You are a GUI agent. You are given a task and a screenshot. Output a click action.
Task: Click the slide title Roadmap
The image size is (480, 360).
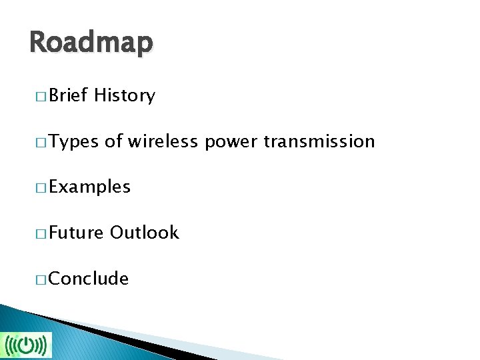(x=91, y=43)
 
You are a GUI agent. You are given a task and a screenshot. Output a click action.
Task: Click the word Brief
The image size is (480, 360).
(x=69, y=95)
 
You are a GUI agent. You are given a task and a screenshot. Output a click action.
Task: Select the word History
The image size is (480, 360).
(x=125, y=95)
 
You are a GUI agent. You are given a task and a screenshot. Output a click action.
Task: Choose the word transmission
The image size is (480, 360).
(x=319, y=141)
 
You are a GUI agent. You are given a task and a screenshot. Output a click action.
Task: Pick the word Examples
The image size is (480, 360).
(x=89, y=187)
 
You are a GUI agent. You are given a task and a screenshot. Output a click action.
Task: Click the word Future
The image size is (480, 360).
(x=76, y=233)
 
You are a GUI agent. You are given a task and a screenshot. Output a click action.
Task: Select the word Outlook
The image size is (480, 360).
(x=145, y=233)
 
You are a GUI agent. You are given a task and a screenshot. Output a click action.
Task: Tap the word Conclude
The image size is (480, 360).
(x=89, y=278)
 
